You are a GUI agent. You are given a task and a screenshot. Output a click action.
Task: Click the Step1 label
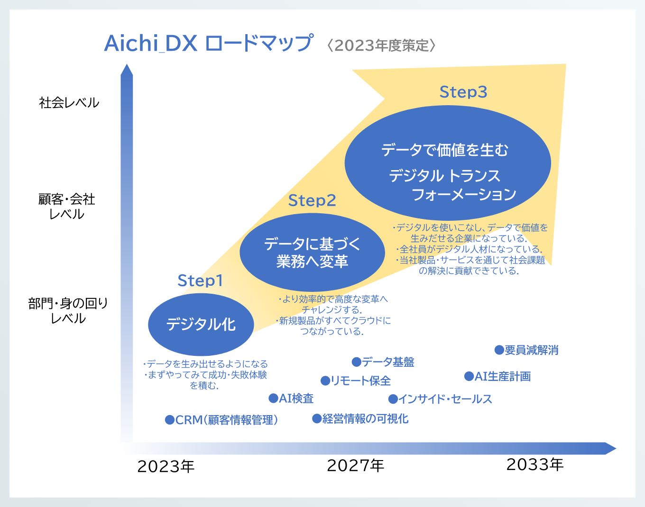click(x=200, y=281)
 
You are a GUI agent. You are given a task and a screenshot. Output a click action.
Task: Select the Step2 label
click(x=312, y=200)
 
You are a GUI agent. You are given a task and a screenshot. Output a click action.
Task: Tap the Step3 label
click(x=463, y=92)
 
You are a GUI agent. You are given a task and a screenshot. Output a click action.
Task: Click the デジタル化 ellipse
click(x=201, y=325)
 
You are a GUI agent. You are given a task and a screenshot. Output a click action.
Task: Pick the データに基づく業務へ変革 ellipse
click(x=312, y=252)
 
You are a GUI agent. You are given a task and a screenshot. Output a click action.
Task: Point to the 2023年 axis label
click(x=166, y=466)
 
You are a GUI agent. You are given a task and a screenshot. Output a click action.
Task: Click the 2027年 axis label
click(x=355, y=465)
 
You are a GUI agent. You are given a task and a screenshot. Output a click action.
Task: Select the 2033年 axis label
click(x=535, y=464)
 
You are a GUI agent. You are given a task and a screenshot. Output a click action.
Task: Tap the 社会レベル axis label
click(x=69, y=102)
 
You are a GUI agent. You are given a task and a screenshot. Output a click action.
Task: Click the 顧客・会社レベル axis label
click(x=67, y=206)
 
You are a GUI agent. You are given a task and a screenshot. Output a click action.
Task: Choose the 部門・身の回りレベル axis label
click(x=68, y=310)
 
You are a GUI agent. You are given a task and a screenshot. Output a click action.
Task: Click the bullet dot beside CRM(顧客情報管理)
click(x=169, y=420)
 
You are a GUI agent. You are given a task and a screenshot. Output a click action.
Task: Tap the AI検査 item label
click(x=296, y=398)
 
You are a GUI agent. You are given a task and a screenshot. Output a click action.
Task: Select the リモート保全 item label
click(x=360, y=380)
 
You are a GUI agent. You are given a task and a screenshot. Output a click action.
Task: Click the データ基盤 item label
click(x=388, y=362)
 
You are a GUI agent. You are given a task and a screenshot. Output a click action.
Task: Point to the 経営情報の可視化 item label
click(x=365, y=418)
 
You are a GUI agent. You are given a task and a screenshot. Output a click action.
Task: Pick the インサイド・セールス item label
click(x=445, y=399)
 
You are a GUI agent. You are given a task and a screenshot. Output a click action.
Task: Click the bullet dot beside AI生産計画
click(x=469, y=376)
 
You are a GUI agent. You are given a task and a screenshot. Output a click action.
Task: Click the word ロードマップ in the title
click(x=259, y=43)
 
